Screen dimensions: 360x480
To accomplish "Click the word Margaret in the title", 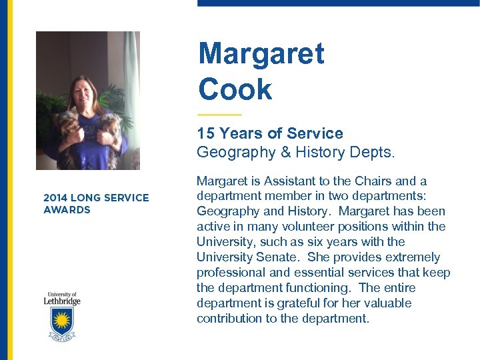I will point(261,53).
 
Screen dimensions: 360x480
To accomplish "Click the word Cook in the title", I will point(235,89).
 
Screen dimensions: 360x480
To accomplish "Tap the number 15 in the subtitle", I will point(205,133).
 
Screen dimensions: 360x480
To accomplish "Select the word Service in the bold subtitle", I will point(313,133).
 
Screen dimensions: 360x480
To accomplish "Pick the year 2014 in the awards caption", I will point(55,197).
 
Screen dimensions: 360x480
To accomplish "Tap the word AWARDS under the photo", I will point(67,209).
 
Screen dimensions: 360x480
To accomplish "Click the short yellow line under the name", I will point(219,115).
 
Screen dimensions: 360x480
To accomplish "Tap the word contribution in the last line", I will point(229,319).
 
